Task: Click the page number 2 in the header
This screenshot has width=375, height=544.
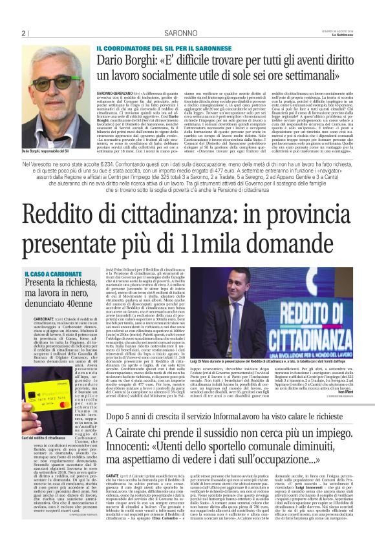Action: [x=23, y=34]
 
